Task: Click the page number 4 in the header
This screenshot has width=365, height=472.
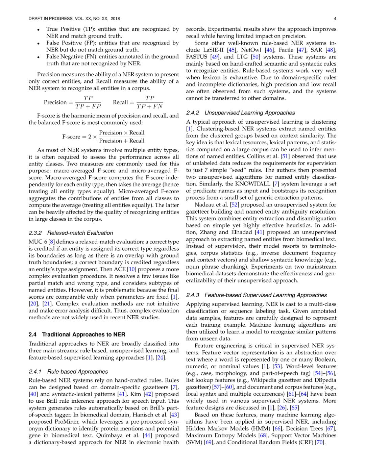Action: coord(335,19)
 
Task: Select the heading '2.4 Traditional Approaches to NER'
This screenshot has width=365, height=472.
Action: coord(77,334)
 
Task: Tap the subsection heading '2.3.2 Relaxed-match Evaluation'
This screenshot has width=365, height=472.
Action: coord(71,233)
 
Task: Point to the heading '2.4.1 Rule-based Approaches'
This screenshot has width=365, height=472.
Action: coord(68,371)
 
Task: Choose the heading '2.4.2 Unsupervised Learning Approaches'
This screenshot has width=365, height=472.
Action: coord(240,113)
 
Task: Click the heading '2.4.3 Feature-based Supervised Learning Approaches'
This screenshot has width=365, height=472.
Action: coord(256,295)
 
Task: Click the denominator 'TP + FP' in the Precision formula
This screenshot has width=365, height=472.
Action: coord(88,106)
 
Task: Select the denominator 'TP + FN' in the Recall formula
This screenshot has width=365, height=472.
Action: coord(149,106)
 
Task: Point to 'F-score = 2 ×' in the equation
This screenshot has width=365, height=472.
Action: coord(79,137)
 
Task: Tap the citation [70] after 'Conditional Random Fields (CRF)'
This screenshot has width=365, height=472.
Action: coord(320,442)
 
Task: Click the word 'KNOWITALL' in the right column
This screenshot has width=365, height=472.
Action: coord(253,184)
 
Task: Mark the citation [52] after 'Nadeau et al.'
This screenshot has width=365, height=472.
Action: coord(234,204)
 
